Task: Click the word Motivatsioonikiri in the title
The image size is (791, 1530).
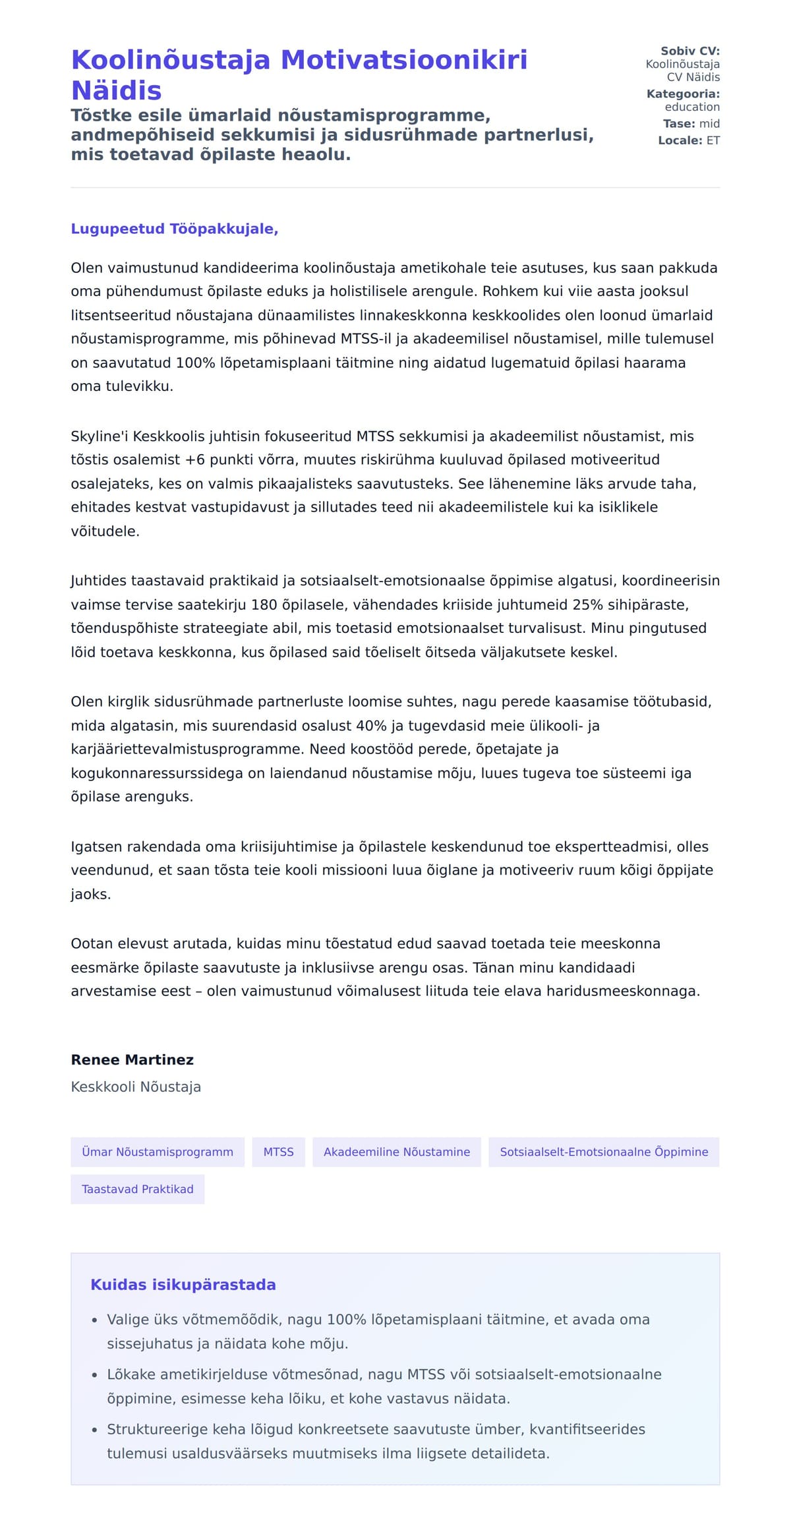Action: click(x=404, y=60)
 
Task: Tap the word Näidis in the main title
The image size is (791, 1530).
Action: click(x=116, y=91)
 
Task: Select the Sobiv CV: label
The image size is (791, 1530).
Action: click(x=689, y=51)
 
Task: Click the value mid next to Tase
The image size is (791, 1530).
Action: click(x=709, y=123)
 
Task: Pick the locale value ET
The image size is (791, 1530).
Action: click(x=713, y=140)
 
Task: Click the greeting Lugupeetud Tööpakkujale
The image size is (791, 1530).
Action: click(x=174, y=229)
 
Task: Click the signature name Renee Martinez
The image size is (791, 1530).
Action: click(x=132, y=1060)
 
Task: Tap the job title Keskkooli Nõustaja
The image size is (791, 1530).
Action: click(x=136, y=1087)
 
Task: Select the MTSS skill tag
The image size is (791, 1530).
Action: click(x=278, y=1152)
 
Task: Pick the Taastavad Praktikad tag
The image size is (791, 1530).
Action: click(x=137, y=1189)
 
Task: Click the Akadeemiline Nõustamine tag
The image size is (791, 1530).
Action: click(x=396, y=1152)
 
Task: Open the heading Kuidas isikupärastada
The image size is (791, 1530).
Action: click(x=183, y=1285)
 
